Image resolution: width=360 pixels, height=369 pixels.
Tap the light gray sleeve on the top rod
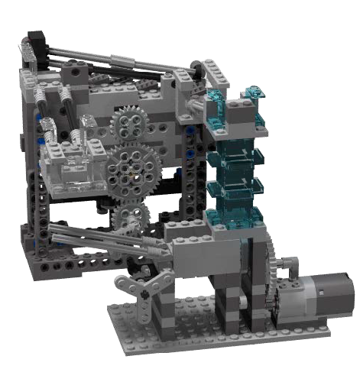pos(122,59)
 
